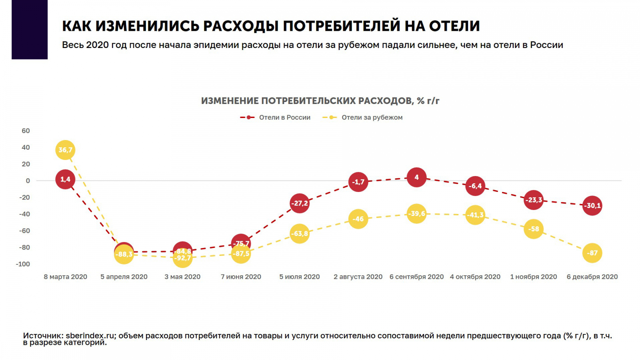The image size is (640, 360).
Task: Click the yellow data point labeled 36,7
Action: pyautogui.click(x=65, y=150)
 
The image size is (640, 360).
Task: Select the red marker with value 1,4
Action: pyautogui.click(x=65, y=179)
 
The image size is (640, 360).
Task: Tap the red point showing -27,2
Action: pyautogui.click(x=300, y=204)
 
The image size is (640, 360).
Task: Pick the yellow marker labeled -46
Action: pyautogui.click(x=358, y=219)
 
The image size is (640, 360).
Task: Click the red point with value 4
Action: pyautogui.click(x=416, y=177)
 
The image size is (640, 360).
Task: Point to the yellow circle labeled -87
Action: pyautogui.click(x=592, y=253)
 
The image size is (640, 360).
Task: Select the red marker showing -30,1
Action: pyautogui.click(x=592, y=206)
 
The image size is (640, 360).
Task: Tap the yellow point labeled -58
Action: pyautogui.click(x=534, y=229)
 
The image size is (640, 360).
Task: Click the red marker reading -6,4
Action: pyautogui.click(x=475, y=186)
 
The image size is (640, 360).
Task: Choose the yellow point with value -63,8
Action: pyautogui.click(x=300, y=234)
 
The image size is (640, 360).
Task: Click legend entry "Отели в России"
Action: pyautogui.click(x=284, y=118)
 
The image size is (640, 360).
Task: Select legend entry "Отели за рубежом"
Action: pyautogui.click(x=372, y=118)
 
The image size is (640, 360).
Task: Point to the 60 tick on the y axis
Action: pyautogui.click(x=26, y=131)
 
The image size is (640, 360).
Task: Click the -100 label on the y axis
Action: pyautogui.click(x=23, y=264)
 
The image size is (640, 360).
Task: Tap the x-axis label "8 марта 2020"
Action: pyautogui.click(x=65, y=277)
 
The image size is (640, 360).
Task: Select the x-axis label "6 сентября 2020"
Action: pyautogui.click(x=416, y=277)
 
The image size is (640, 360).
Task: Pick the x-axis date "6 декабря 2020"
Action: pyautogui.click(x=592, y=277)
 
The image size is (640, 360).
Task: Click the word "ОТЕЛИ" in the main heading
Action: pyautogui.click(x=454, y=26)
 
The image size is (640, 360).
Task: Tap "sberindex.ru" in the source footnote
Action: pyautogui.click(x=90, y=336)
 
